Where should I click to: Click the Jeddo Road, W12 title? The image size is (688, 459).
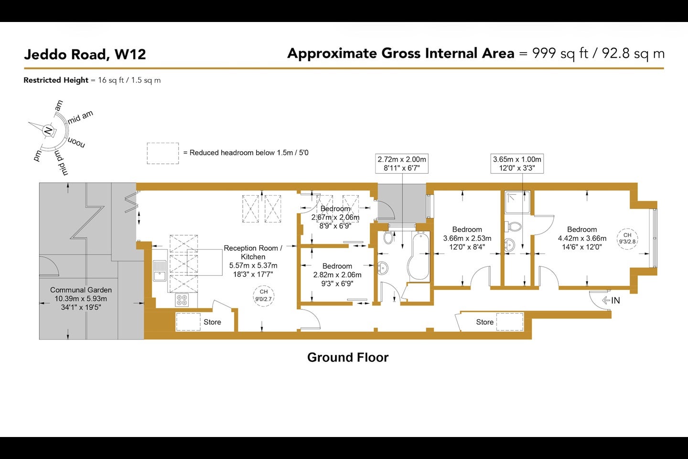(x=85, y=55)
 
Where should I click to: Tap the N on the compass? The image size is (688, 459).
(x=48, y=131)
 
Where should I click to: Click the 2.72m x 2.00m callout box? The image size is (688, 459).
(x=402, y=164)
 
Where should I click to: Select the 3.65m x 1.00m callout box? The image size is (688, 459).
(x=517, y=164)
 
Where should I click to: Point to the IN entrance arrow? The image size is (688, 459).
(x=611, y=300)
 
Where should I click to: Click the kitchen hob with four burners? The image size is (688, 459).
(x=182, y=300)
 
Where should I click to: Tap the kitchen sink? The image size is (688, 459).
(x=160, y=271)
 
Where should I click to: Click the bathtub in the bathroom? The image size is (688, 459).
(x=419, y=257)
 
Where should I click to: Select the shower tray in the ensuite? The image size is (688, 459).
(x=517, y=202)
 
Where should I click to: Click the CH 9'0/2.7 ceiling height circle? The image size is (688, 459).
(x=264, y=296)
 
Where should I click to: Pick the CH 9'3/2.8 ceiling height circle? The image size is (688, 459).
(x=627, y=239)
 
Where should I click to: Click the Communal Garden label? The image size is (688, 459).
(x=81, y=290)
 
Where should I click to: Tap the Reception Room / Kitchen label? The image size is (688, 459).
(x=253, y=252)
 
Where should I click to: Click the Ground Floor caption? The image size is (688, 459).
(x=348, y=357)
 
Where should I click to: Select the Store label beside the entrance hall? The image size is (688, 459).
(x=484, y=322)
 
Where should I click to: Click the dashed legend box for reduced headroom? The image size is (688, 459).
(x=163, y=153)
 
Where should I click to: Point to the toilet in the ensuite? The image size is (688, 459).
(x=514, y=227)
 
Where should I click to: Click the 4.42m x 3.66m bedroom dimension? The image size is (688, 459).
(x=582, y=238)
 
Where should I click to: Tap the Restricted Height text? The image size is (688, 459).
(x=56, y=80)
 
